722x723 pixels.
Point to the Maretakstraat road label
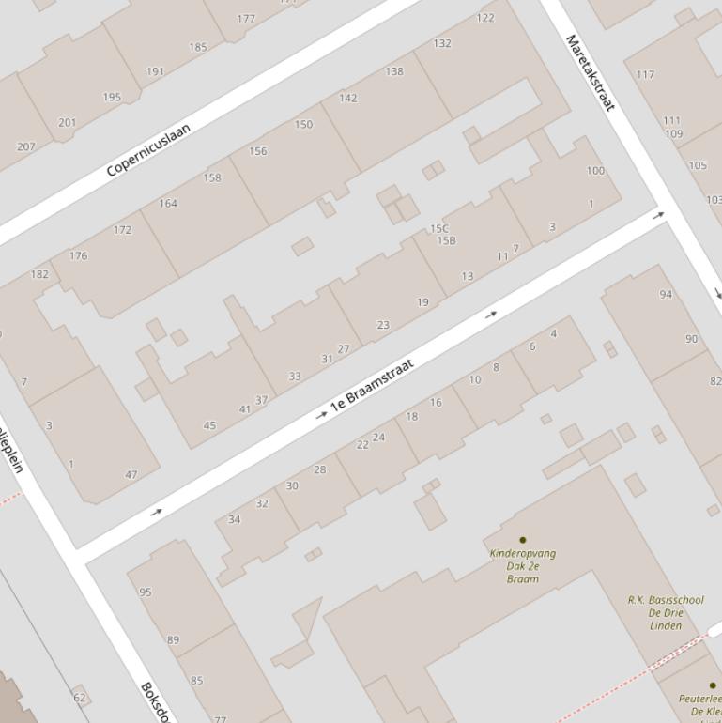[x=590, y=72]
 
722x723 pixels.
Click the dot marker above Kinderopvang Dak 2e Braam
[x=523, y=540]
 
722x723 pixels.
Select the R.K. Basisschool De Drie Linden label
[x=666, y=612]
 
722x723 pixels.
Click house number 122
[x=485, y=18]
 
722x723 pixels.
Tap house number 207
[x=25, y=146]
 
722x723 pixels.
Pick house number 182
[x=39, y=274]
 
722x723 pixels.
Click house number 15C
[x=439, y=228]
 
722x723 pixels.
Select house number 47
[x=131, y=474]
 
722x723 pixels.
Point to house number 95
[x=145, y=592]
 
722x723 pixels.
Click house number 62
[x=79, y=698]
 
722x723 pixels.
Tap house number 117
[x=645, y=74]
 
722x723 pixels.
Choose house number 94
[x=666, y=294]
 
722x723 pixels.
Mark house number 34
[x=235, y=519]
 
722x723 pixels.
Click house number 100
[x=595, y=171]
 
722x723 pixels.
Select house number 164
[x=168, y=203]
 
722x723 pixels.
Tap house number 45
[x=209, y=425]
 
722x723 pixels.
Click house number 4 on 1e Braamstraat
[x=554, y=333]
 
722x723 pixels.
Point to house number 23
[x=383, y=325]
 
